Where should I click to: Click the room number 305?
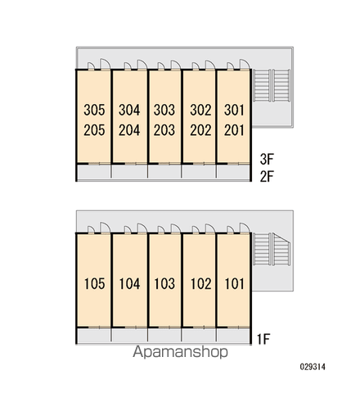click(x=94, y=110)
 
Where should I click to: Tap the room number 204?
click(x=129, y=130)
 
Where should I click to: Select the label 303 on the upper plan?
click(x=164, y=110)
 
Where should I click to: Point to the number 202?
click(x=200, y=130)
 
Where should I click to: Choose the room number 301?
click(x=234, y=110)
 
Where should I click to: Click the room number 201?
click(x=234, y=130)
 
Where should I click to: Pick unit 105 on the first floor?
click(x=95, y=284)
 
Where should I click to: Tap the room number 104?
click(x=129, y=284)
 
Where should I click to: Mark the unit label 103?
click(x=164, y=284)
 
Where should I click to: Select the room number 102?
click(x=201, y=284)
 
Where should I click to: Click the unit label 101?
click(x=235, y=284)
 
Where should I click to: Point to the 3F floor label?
click(x=267, y=160)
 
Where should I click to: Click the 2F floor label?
click(x=267, y=176)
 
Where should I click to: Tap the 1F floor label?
click(x=263, y=339)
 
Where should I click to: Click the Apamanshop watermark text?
click(x=180, y=352)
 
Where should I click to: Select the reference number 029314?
click(x=313, y=367)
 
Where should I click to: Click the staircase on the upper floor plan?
click(x=272, y=86)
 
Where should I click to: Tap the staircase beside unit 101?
click(x=272, y=249)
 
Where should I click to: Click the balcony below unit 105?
click(x=94, y=335)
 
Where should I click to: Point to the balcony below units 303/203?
click(x=164, y=172)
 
